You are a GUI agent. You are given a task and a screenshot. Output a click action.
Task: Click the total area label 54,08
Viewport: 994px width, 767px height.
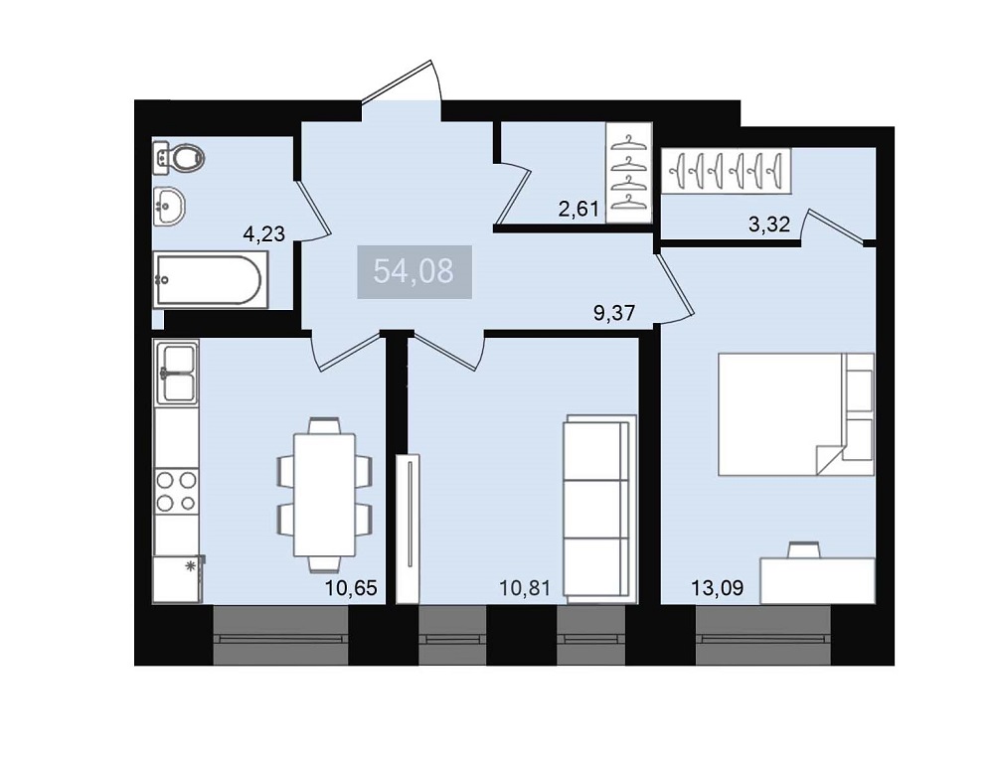pyautogui.click(x=414, y=271)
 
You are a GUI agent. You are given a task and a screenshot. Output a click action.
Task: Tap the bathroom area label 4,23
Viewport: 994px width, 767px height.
pyautogui.click(x=264, y=233)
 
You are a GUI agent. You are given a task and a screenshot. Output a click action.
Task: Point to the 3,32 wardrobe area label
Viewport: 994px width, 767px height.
pyautogui.click(x=769, y=224)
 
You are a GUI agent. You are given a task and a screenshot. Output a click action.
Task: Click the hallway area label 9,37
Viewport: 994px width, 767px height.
pyautogui.click(x=613, y=313)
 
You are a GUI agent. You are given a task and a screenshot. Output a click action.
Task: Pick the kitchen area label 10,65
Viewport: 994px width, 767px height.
pyautogui.click(x=351, y=587)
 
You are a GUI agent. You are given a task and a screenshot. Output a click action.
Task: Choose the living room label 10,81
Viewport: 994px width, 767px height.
pyautogui.click(x=525, y=587)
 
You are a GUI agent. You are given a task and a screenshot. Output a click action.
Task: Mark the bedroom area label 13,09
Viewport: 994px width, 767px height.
pyautogui.click(x=717, y=587)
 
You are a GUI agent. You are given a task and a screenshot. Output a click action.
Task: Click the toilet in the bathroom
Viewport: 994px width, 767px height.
pyautogui.click(x=179, y=157)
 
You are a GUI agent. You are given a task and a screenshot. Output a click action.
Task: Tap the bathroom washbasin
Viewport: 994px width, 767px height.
pyautogui.click(x=169, y=206)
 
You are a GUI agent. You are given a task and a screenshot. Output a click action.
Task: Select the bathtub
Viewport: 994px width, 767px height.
pyautogui.click(x=208, y=279)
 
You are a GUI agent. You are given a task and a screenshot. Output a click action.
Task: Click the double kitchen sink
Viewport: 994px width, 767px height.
pyautogui.click(x=177, y=373)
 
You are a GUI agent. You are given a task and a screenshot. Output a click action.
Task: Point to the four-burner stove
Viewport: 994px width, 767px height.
pyautogui.click(x=177, y=491)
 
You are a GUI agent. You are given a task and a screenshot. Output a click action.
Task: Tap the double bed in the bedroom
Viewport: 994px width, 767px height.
pyautogui.click(x=796, y=414)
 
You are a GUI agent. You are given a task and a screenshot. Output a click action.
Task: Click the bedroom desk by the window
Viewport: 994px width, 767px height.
pyautogui.click(x=818, y=580)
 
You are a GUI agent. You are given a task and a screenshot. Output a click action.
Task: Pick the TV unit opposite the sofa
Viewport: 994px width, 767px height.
pyautogui.click(x=408, y=528)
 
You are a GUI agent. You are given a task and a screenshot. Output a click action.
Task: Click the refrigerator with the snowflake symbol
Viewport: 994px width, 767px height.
pyautogui.click(x=178, y=579)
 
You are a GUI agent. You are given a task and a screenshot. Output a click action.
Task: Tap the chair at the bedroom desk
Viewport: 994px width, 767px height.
pyautogui.click(x=804, y=549)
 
